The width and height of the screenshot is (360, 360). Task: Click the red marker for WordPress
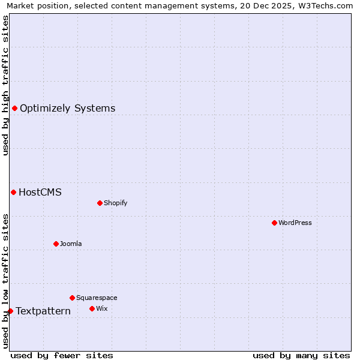[274, 223]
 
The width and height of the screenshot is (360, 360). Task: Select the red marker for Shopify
[100, 203]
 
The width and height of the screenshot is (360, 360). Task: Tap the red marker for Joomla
[56, 244]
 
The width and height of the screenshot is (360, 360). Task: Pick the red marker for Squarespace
[72, 298]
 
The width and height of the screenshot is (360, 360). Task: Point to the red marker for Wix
[92, 308]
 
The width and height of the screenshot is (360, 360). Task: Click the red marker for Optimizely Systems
[14, 108]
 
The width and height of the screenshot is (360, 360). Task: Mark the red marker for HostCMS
[13, 192]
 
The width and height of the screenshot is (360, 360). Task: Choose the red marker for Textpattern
[10, 311]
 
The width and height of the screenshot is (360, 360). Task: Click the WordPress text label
[295, 223]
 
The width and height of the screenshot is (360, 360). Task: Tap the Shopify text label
[116, 203]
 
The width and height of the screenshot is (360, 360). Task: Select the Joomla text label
[71, 244]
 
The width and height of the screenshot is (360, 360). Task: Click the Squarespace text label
[97, 298]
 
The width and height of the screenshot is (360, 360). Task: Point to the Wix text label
[101, 308]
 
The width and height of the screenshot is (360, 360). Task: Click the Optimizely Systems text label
[67, 108]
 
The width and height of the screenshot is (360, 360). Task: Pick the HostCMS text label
[40, 192]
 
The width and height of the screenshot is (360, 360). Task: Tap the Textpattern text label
[43, 311]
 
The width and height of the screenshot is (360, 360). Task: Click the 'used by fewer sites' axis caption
[61, 355]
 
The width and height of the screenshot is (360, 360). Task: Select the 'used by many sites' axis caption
[301, 355]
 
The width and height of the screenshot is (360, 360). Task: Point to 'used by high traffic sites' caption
[6, 85]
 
